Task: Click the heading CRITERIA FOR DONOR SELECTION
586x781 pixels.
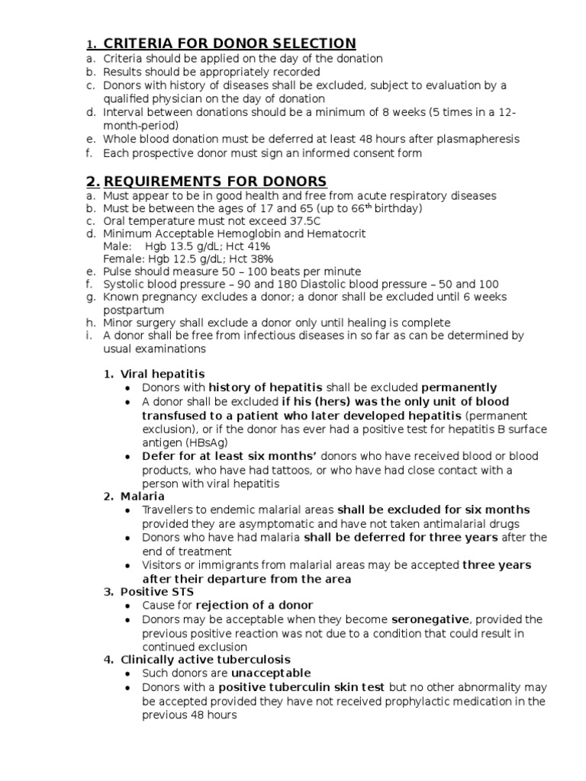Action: [x=230, y=43]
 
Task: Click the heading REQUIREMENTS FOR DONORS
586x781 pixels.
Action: [x=215, y=181]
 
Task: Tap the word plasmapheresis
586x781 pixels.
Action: [x=469, y=139]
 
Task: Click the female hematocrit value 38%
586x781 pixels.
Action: [x=256, y=259]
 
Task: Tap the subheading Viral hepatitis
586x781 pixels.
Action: [x=163, y=374]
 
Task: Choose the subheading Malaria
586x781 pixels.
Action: [x=143, y=497]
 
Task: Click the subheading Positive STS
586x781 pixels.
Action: [x=157, y=592]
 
